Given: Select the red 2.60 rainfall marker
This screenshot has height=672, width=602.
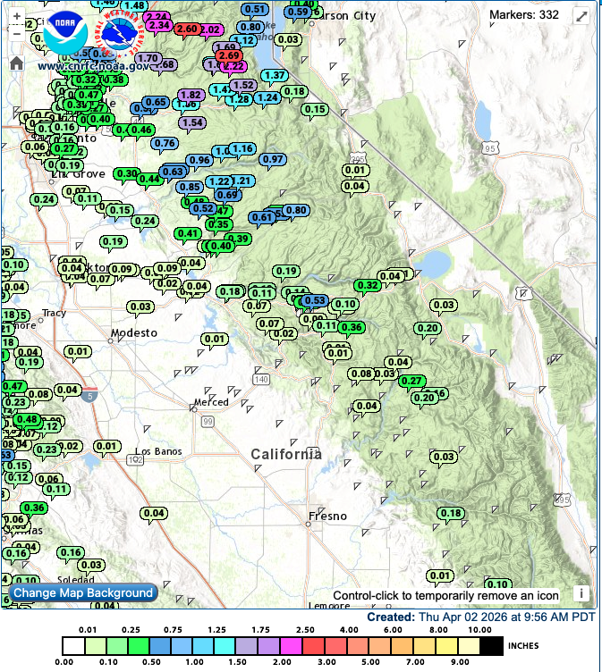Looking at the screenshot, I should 188,29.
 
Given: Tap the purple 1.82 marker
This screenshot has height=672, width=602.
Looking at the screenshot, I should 191,95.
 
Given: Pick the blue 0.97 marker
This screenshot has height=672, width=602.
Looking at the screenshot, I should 272,159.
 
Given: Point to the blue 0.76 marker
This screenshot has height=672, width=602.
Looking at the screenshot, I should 164,143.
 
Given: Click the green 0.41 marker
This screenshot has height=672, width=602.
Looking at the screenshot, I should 188,233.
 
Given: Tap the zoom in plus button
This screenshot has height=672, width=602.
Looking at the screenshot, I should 16,17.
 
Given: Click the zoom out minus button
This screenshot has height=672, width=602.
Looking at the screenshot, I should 16,33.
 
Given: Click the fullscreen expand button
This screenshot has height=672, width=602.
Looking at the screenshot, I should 581,16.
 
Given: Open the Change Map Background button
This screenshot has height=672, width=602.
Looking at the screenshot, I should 83,592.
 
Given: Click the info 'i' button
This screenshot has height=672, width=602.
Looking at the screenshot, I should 580,592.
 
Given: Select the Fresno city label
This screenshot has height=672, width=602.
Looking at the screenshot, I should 326,516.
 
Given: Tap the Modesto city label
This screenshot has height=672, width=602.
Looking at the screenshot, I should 133,332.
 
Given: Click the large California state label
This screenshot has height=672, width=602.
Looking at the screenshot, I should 286,454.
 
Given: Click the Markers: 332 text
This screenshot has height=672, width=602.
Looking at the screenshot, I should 524,14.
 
